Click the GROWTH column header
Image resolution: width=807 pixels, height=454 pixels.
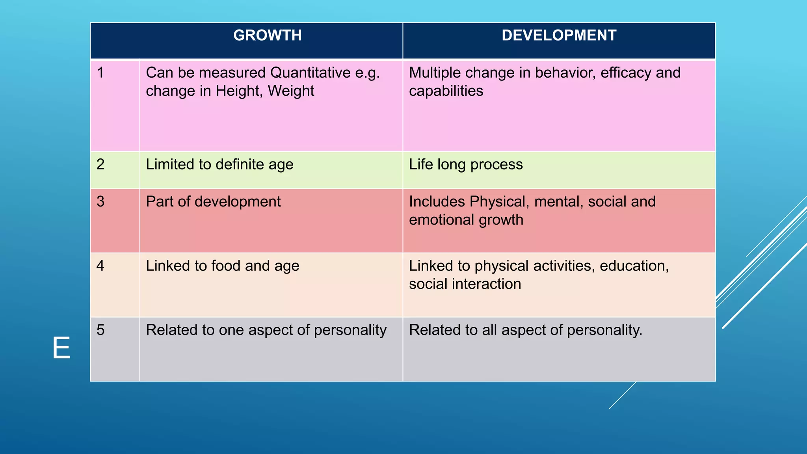267,35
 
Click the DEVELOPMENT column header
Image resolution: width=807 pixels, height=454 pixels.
559,35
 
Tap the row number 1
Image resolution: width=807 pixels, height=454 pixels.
100,73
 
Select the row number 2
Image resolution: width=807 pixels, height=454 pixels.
100,164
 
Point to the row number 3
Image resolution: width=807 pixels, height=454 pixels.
100,201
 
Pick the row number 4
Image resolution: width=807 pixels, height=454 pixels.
100,266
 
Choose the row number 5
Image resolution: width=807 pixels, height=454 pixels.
100,330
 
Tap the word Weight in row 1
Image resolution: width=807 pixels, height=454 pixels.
291,91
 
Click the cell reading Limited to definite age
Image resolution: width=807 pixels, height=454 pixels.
219,165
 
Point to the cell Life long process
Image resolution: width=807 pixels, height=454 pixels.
466,165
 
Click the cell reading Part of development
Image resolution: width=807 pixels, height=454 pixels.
213,202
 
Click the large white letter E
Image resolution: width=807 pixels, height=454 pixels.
61,348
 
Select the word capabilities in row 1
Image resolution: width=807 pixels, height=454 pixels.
446,91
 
